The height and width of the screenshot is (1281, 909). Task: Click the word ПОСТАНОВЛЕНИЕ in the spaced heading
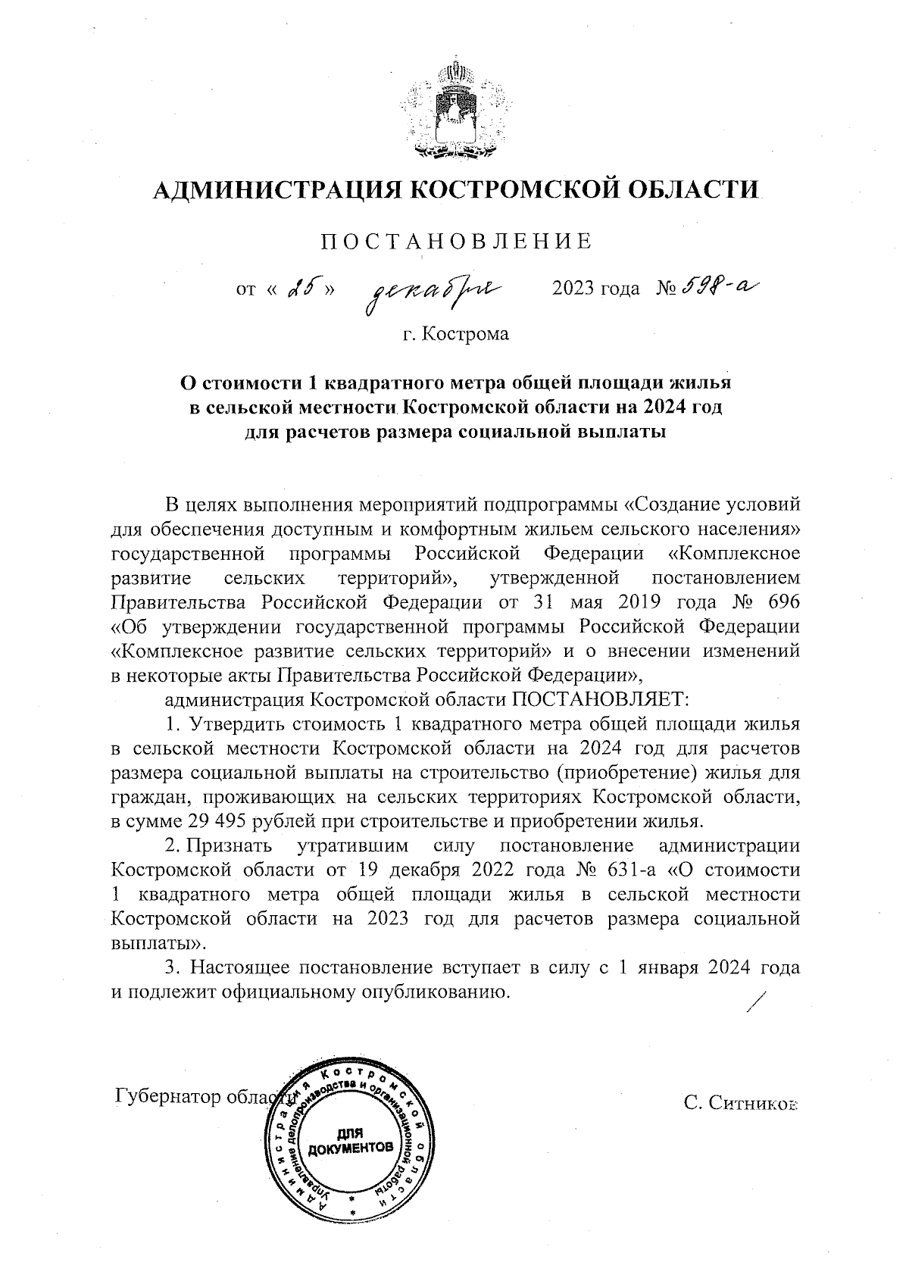pos(455,242)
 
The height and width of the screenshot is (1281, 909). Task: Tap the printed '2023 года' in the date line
pos(596,289)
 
